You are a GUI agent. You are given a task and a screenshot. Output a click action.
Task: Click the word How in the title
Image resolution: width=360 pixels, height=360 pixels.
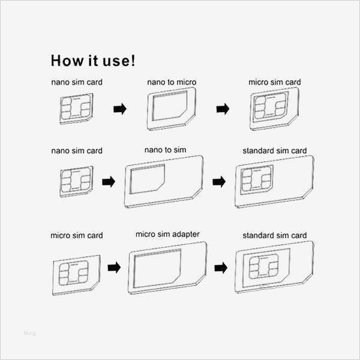pos(67,61)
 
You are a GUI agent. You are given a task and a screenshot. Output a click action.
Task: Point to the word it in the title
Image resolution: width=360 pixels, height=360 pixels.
pos(93,61)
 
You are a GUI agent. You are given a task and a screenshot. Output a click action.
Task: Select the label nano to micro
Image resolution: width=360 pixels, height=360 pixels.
pos(172,82)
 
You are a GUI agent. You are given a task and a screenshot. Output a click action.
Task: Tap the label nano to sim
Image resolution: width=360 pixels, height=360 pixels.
pos(166,150)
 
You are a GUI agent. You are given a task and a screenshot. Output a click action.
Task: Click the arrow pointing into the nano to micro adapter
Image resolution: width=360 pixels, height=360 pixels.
pos(120,109)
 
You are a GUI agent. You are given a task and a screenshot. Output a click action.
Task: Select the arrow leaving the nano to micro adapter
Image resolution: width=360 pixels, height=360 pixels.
pos(223,109)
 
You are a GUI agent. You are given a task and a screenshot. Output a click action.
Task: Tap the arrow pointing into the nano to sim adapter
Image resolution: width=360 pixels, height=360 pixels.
pos(109,182)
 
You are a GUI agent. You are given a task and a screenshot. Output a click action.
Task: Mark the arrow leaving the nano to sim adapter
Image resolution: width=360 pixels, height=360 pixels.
pos(219,182)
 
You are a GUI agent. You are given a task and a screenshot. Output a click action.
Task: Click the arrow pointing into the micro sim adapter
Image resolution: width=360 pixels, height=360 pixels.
pos(114,268)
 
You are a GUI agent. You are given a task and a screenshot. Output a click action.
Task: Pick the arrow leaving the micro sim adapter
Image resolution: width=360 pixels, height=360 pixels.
pos(221,268)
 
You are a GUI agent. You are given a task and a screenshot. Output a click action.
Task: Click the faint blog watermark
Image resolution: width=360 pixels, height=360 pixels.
pos(29,332)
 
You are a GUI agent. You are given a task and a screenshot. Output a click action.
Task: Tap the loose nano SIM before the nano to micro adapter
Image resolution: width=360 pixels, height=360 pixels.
pos(76,109)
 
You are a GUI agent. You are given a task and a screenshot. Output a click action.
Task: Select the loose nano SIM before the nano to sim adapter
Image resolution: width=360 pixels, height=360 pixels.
pos(76,181)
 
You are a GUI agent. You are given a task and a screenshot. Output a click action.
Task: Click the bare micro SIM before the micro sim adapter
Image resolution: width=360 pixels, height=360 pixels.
pos(76,275)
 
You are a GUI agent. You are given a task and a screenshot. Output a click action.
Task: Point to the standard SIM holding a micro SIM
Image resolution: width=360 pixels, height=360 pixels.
pos(274,267)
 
